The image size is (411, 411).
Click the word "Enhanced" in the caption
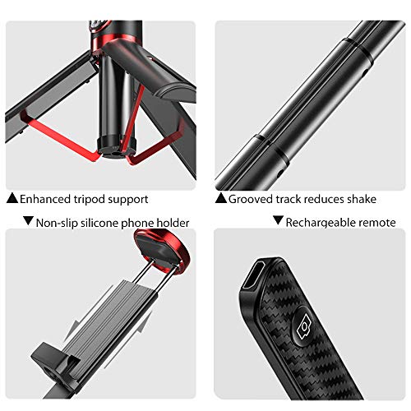(x=45, y=199)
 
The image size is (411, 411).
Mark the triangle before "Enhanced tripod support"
(x=12, y=198)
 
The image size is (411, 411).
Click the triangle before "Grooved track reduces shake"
(x=220, y=198)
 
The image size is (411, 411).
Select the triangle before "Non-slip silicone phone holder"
(x=28, y=220)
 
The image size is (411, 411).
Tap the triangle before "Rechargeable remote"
(x=278, y=220)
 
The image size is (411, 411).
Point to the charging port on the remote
(x=253, y=275)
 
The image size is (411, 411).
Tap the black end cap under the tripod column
(x=117, y=147)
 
